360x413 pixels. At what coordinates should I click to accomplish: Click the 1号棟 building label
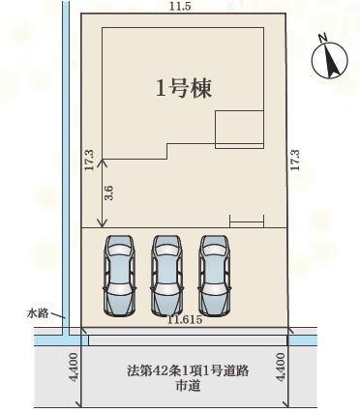[184, 88]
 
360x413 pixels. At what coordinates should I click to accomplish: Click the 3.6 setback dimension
[108, 192]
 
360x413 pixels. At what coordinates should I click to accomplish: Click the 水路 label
[38, 313]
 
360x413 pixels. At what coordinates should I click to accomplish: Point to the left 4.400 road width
[75, 369]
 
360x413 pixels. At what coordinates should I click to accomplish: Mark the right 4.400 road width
[282, 369]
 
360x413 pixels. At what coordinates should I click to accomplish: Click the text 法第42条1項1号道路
[181, 370]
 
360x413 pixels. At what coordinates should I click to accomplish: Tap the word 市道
[181, 387]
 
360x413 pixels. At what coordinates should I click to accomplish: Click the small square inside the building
[237, 128]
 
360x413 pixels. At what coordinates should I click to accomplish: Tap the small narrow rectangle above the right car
[246, 222]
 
